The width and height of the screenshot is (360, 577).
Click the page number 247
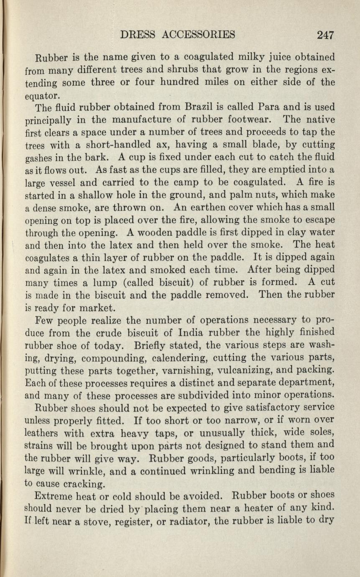coord(326,35)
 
